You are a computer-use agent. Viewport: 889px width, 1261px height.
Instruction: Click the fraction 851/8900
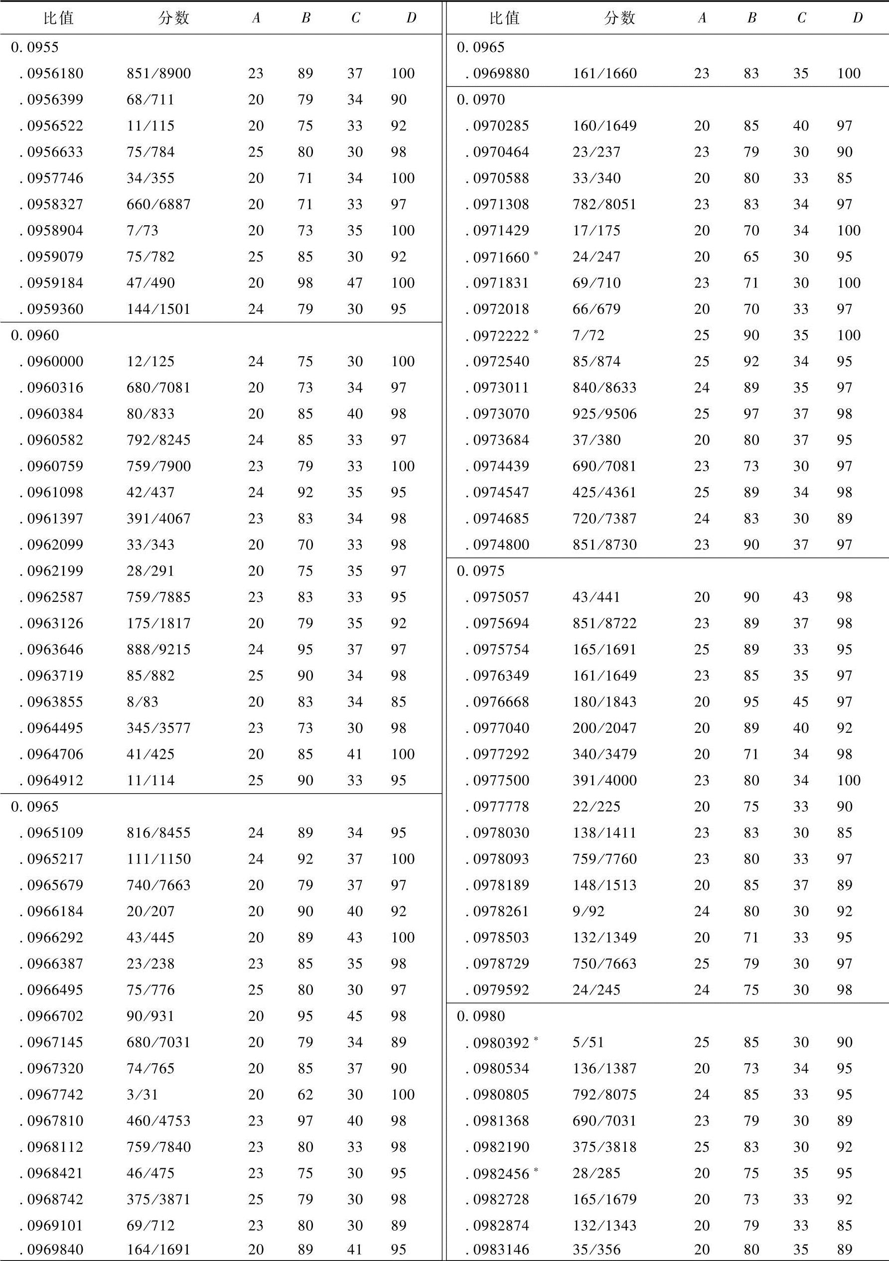[x=158, y=74]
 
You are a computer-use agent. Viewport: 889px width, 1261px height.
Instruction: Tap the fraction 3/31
[x=142, y=1095]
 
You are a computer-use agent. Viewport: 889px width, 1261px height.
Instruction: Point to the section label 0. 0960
[x=34, y=335]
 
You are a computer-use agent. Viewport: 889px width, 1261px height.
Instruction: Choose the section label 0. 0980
[x=481, y=1016]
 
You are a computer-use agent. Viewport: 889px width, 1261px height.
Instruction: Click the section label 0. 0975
[x=481, y=571]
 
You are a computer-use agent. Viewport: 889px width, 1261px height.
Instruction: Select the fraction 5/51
[x=588, y=1042]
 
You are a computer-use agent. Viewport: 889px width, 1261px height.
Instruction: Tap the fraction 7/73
[x=142, y=231]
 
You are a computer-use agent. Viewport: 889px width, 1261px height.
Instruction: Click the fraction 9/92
[x=588, y=911]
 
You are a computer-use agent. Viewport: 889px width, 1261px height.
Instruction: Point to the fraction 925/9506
[x=604, y=414]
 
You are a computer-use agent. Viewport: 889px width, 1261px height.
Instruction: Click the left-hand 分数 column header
[x=173, y=18]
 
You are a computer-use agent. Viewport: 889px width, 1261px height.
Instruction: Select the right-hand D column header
[x=857, y=18]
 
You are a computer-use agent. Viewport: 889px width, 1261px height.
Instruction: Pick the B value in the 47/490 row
[x=305, y=283]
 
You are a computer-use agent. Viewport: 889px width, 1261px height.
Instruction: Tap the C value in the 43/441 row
[x=800, y=597]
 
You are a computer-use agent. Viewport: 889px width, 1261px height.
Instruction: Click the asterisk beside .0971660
[x=536, y=253]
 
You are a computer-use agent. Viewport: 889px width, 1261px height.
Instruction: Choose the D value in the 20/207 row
[x=399, y=911]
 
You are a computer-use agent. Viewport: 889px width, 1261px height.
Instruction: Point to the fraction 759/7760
[x=604, y=859]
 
